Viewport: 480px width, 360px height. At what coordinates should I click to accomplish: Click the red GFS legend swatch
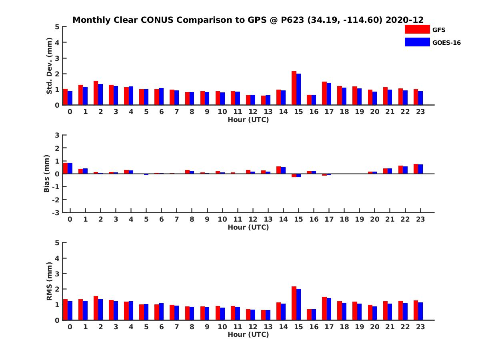click(x=417, y=29)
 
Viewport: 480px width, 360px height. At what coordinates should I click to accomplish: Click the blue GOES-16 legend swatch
click(x=417, y=42)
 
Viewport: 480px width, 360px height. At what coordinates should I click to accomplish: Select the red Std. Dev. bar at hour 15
click(x=294, y=88)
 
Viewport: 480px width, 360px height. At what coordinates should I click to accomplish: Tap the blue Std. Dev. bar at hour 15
click(x=298, y=89)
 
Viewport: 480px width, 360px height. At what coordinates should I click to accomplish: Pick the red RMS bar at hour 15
click(x=294, y=303)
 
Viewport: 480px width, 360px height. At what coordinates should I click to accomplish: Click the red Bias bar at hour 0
click(x=65, y=168)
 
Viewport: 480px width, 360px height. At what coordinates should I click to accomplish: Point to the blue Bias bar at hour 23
click(x=420, y=169)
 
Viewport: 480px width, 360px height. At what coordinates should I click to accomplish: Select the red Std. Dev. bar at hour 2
click(x=96, y=93)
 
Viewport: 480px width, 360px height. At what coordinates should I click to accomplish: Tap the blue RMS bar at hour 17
click(x=329, y=309)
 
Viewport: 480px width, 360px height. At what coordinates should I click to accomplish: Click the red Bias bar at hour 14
click(x=279, y=170)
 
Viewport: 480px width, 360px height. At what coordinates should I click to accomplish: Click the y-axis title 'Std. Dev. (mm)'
click(x=49, y=66)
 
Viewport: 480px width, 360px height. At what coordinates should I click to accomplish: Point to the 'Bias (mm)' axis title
click(x=47, y=174)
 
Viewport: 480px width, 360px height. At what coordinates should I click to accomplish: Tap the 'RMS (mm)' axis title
click(x=49, y=281)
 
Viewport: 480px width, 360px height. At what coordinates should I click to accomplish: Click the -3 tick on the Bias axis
click(x=57, y=212)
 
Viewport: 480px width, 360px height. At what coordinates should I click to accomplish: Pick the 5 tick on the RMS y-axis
click(x=57, y=243)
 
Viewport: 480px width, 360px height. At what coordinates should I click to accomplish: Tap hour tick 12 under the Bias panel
click(x=253, y=219)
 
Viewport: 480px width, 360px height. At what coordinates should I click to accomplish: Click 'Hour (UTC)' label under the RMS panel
click(x=248, y=334)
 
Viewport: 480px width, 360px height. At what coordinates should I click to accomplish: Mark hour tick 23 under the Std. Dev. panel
click(x=420, y=112)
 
